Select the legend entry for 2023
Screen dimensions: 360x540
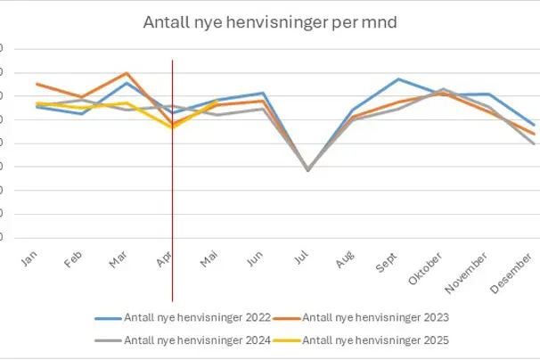pyautogui.click(x=375, y=317)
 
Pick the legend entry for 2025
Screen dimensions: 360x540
pyautogui.click(x=375, y=340)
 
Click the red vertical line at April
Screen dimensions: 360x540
pyautogui.click(x=172, y=178)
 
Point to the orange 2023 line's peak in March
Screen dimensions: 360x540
pyautogui.click(x=127, y=73)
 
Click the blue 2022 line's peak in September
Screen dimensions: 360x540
pyautogui.click(x=398, y=79)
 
